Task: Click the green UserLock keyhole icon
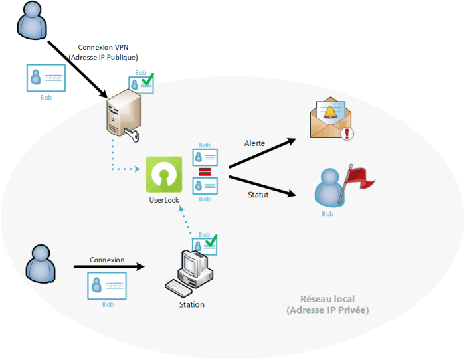click(x=164, y=175)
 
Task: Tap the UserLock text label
click(x=164, y=200)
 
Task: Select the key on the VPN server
click(x=132, y=134)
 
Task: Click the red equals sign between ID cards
click(x=205, y=171)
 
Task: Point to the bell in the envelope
click(x=329, y=113)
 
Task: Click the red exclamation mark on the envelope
click(x=347, y=133)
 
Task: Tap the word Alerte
click(x=254, y=143)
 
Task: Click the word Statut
click(x=258, y=195)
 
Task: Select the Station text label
click(x=192, y=305)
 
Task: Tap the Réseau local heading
click(x=327, y=299)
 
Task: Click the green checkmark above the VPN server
click(x=147, y=79)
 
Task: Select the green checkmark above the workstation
click(x=211, y=241)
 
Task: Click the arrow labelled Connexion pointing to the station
click(x=109, y=266)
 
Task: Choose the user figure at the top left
click(x=32, y=20)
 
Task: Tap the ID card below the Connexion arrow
click(x=107, y=286)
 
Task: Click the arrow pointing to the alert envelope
click(x=262, y=153)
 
